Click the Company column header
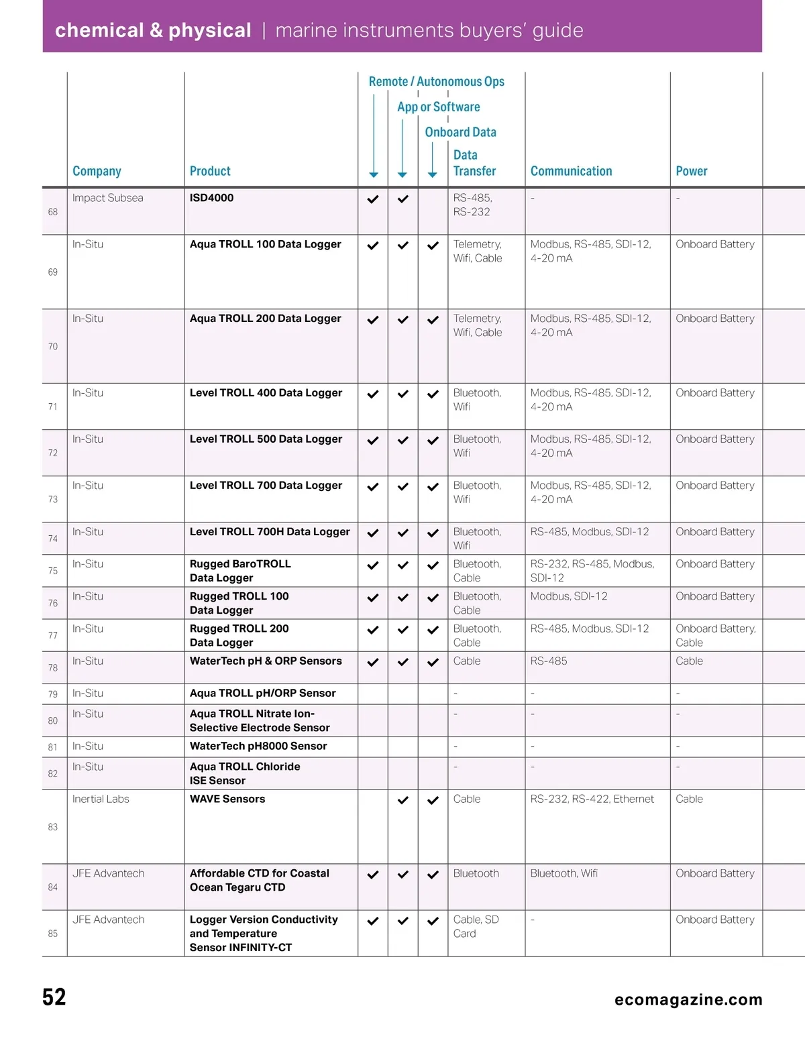[97, 171]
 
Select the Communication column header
[571, 171]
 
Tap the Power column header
[691, 171]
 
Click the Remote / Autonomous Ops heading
[436, 81]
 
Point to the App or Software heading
[438, 107]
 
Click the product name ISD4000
[211, 198]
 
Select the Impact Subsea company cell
[107, 198]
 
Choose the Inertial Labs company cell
[101, 799]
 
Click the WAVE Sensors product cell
[227, 799]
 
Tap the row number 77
[53, 635]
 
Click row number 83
[53, 827]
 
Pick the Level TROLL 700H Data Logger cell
[270, 532]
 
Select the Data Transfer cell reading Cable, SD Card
[476, 926]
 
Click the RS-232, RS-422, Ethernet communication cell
[592, 799]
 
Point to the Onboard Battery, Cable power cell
[715, 635]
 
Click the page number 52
[54, 997]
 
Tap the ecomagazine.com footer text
[688, 999]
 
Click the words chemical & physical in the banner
[153, 30]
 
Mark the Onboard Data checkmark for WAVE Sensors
[433, 800]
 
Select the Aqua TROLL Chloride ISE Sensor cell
[244, 773]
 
